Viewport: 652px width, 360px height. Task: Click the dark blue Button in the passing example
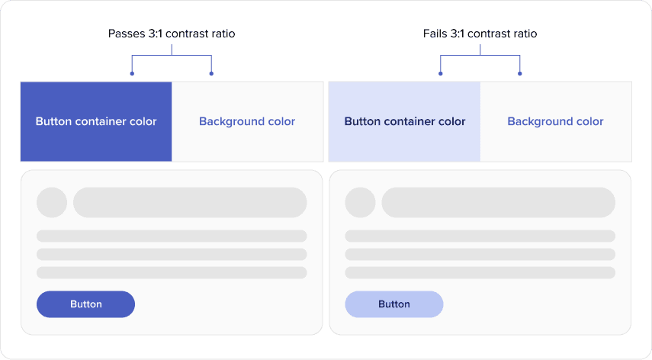click(x=85, y=304)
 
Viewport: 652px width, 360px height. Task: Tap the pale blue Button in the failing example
click(x=394, y=304)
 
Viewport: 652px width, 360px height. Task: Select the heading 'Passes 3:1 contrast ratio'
click(x=172, y=34)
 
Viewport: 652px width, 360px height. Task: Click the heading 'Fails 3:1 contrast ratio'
click(x=480, y=34)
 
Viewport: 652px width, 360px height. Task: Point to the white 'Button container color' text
click(x=96, y=121)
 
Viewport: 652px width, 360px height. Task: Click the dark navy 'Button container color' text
click(x=405, y=121)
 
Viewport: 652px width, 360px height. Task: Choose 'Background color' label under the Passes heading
click(x=247, y=121)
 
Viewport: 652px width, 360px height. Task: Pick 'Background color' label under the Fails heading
click(x=555, y=121)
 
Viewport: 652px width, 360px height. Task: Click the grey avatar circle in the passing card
click(x=52, y=202)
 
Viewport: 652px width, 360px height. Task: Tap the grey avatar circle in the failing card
click(x=361, y=202)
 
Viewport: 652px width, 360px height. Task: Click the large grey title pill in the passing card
click(x=190, y=202)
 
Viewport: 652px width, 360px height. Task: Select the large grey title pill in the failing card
click(x=499, y=202)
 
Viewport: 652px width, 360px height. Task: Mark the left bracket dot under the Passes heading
click(x=132, y=73)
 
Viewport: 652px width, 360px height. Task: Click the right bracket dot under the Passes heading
click(x=212, y=73)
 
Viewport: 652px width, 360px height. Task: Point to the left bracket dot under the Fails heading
click(x=441, y=73)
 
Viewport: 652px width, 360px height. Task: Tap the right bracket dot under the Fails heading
click(x=520, y=73)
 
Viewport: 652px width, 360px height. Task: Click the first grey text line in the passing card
click(x=172, y=236)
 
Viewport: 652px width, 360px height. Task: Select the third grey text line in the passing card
click(x=172, y=273)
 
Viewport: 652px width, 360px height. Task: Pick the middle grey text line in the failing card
click(x=480, y=255)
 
